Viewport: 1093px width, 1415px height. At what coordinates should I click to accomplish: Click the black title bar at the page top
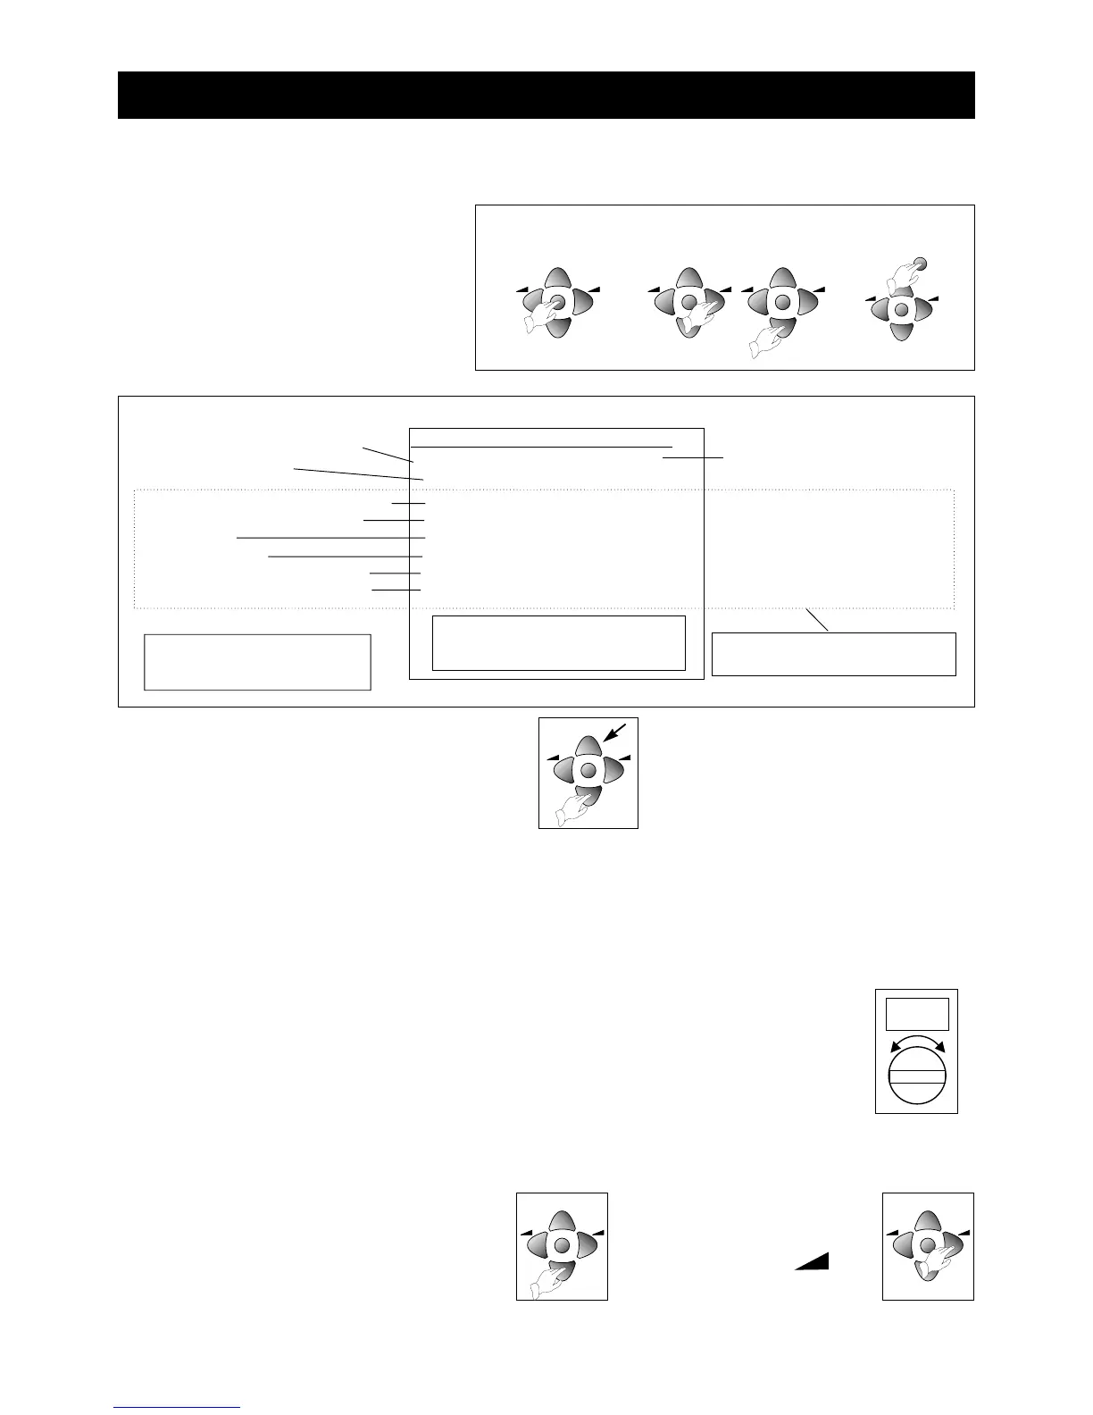tap(546, 95)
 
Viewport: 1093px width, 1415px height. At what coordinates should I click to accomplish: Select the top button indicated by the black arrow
tap(587, 747)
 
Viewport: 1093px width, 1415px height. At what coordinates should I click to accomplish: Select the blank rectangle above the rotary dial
tap(916, 1014)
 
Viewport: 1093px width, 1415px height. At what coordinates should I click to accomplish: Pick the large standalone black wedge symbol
tap(812, 1260)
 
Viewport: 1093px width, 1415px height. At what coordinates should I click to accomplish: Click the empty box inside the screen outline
tap(558, 642)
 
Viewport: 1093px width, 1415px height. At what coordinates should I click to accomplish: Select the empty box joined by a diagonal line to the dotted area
tap(833, 654)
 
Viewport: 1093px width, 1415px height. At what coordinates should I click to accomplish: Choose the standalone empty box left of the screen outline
tap(257, 662)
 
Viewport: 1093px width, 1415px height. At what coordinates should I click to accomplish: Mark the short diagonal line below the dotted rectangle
tap(818, 620)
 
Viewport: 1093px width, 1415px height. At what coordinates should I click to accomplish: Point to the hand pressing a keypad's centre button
tap(538, 318)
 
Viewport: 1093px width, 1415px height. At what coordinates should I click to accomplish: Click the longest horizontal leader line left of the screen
tap(330, 538)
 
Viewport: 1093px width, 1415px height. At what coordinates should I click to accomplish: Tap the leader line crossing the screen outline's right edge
tap(693, 457)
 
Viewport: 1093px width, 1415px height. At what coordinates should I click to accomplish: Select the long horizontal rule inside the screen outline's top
tap(541, 446)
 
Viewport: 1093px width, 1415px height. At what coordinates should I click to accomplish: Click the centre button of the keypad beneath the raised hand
tap(902, 310)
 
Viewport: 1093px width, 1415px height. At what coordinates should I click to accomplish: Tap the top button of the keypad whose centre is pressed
tap(557, 278)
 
